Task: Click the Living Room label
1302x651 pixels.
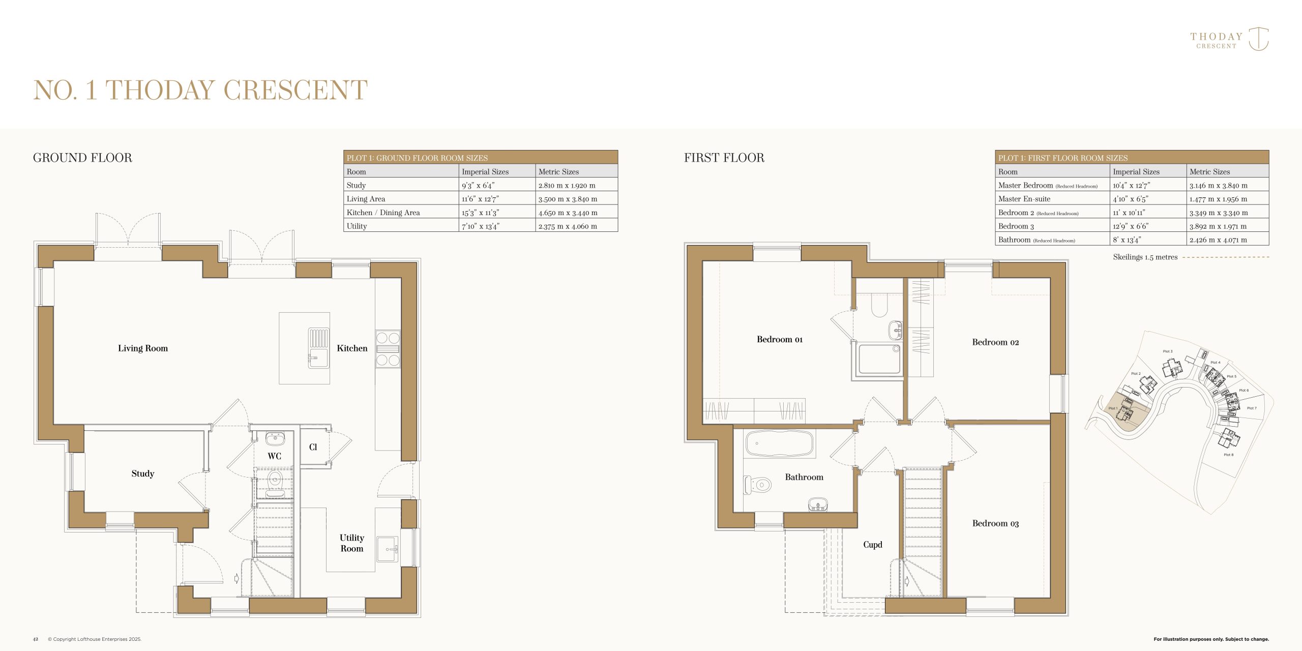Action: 143,348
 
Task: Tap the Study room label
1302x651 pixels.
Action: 143,474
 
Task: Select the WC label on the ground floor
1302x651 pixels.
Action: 275,456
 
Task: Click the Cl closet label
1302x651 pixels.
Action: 313,447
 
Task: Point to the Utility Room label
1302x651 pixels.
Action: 352,543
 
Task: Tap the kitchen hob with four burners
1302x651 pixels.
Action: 388,349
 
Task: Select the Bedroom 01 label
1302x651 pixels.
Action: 780,339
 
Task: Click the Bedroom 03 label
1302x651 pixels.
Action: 995,523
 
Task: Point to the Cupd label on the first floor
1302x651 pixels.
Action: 873,545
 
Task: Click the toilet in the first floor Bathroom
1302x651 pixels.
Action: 757,485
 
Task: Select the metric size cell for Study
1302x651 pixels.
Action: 567,186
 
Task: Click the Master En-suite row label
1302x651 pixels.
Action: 1024,199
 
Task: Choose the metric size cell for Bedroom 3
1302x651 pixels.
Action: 1218,226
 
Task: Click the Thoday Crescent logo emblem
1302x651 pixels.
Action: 1259,39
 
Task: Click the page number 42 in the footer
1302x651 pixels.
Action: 36,639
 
